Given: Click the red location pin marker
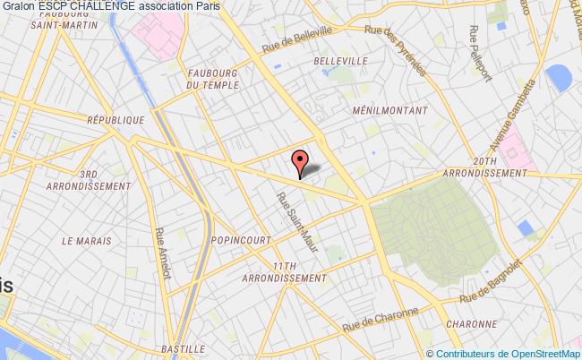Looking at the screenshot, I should (300, 163).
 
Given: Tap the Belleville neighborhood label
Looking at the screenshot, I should (341, 61).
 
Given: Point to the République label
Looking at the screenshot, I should (116, 119).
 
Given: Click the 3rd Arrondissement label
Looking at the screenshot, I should (89, 180).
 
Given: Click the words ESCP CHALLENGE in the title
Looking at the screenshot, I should (86, 6).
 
